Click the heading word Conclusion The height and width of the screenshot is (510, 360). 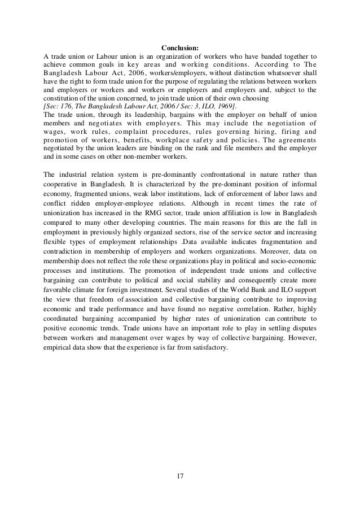click(180, 48)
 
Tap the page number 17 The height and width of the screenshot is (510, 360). click(180, 479)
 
